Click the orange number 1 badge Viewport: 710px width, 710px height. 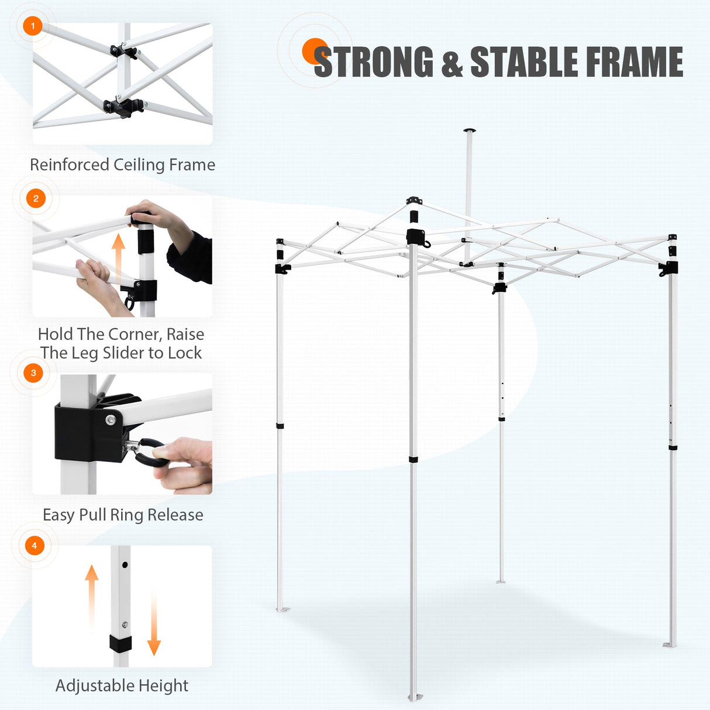(33, 26)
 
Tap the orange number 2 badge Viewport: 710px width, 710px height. (36, 198)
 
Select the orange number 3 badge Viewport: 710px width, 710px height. (33, 373)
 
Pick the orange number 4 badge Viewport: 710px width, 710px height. (35, 546)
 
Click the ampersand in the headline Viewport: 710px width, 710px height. (452, 63)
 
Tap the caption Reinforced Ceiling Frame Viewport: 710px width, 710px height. (122, 165)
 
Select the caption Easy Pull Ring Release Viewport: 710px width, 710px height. (123, 515)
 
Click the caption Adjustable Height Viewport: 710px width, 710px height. (122, 685)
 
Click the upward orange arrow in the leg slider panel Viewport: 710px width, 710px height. (119, 257)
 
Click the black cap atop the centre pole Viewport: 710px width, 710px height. (469, 130)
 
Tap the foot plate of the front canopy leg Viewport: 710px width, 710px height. (415, 697)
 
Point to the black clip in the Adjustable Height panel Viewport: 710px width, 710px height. (120, 644)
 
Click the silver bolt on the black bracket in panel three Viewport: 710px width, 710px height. (110, 421)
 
